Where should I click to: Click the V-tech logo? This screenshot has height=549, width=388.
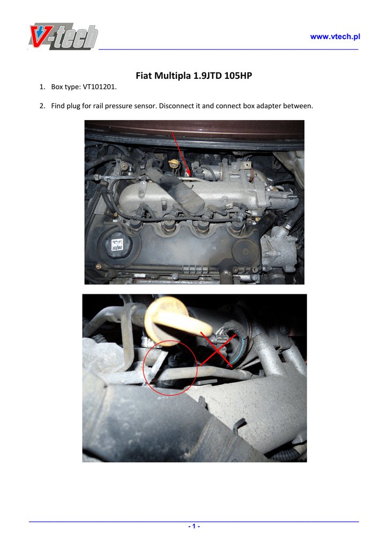63,36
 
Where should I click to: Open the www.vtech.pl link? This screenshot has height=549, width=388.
335,36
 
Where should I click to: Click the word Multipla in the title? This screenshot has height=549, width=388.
173,76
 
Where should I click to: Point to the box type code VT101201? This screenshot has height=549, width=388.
99,87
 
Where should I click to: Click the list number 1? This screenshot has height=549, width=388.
42,87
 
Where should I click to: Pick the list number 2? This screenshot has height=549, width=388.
42,106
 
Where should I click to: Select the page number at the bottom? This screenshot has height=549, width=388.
194,526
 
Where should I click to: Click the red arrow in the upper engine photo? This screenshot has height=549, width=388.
181,154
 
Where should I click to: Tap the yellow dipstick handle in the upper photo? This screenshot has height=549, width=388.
173,163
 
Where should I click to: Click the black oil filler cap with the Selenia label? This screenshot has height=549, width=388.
116,244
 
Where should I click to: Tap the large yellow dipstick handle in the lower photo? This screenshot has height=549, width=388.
177,321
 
